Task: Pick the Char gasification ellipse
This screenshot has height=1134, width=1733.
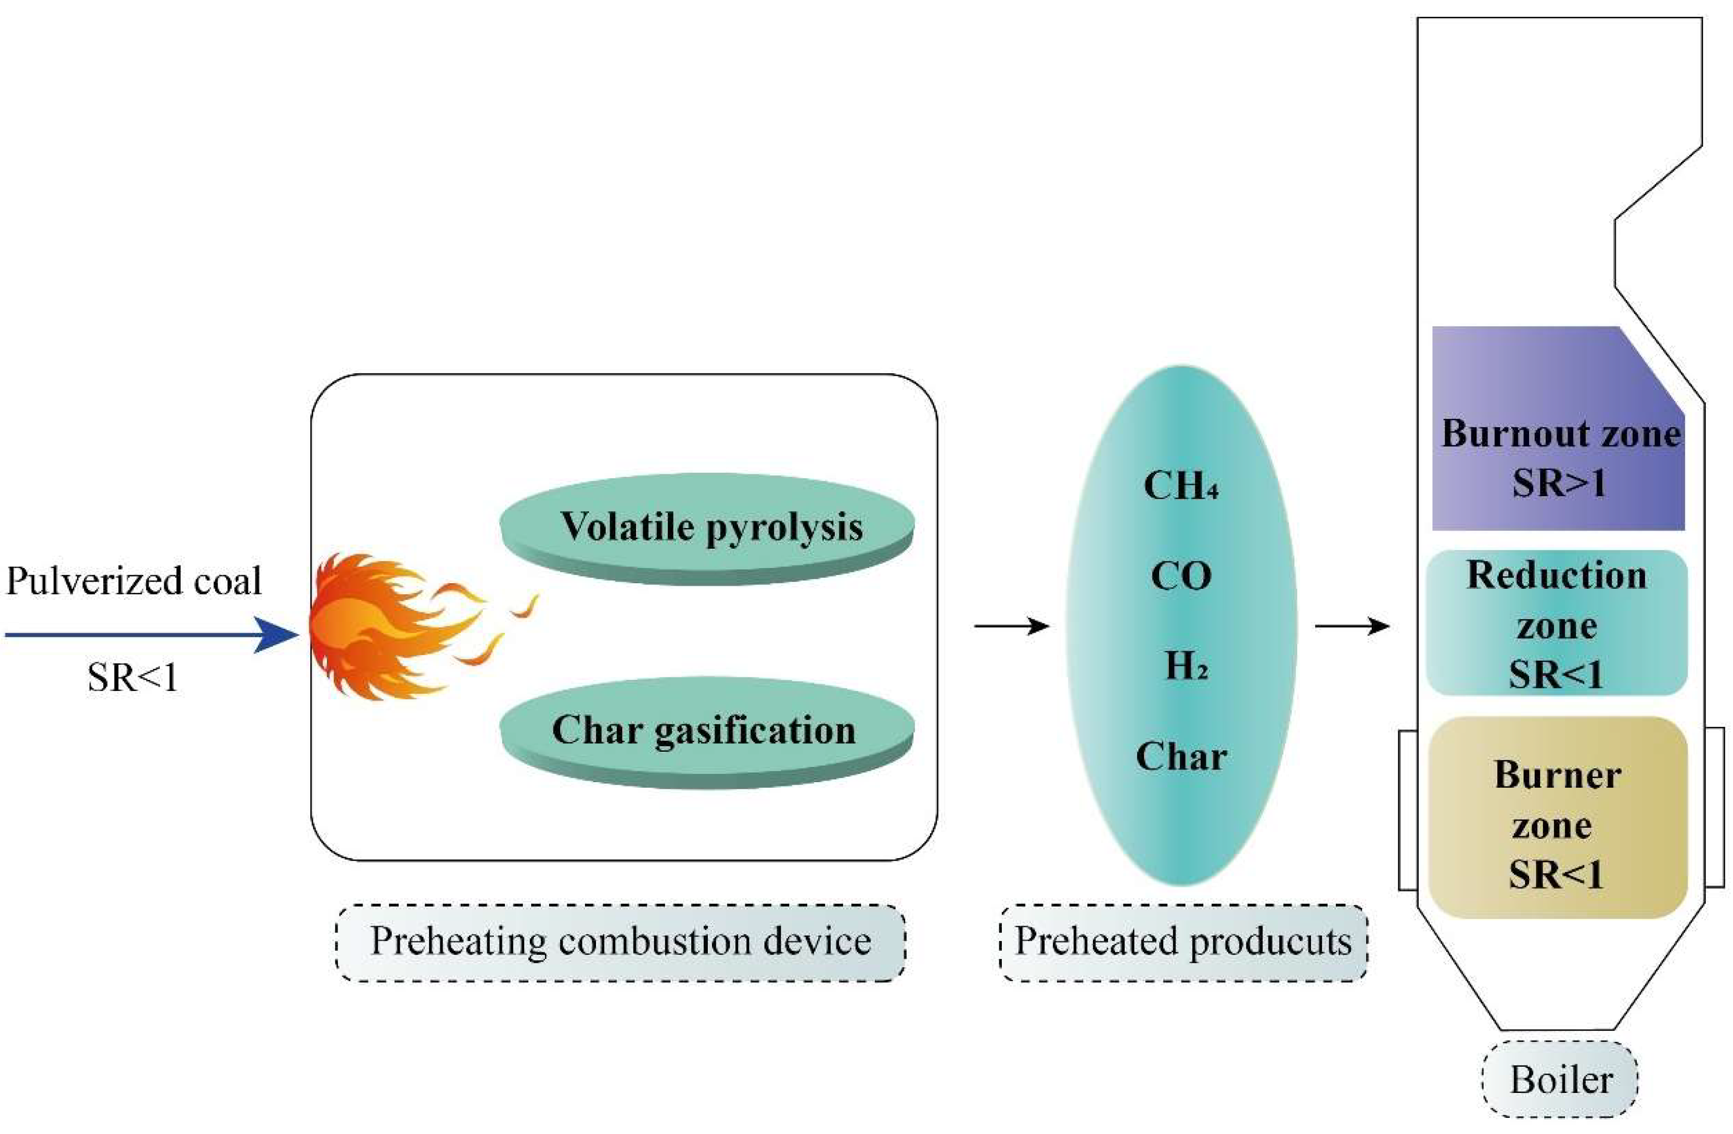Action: point(706,730)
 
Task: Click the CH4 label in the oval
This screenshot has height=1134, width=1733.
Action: point(1180,486)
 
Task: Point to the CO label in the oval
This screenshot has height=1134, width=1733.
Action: point(1180,576)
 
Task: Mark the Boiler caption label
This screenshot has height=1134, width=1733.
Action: point(1560,1079)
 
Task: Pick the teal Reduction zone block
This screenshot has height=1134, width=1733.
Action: point(1556,622)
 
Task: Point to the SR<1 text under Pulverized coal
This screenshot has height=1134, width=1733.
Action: point(133,678)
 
